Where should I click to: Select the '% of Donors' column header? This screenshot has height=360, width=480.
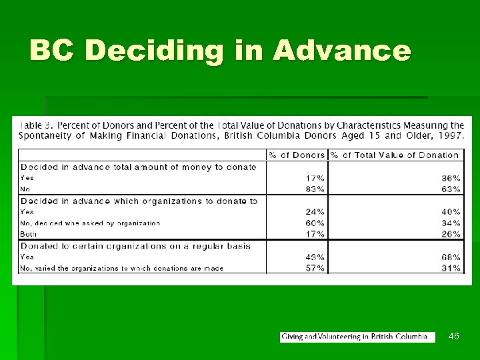coord(297,155)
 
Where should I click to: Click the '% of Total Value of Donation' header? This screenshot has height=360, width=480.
coord(395,155)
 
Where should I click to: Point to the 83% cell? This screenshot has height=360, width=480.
coord(315,189)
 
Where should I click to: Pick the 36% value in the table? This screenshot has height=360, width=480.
coord(451,178)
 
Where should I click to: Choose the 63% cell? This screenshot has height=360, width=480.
coord(451,189)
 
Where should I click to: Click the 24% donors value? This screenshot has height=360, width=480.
coord(315,212)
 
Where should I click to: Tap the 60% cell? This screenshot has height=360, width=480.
coord(315,223)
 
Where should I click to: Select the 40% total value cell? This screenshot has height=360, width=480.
coord(451,212)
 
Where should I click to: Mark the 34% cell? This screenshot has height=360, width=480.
coord(451,223)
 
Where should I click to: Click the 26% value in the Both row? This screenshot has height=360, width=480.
coord(451,234)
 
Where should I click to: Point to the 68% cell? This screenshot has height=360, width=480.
coord(451,257)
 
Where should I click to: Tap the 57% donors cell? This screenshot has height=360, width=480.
coord(315,268)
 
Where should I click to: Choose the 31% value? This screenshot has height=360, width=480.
coord(451,268)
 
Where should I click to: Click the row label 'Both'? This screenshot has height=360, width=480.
coord(29,234)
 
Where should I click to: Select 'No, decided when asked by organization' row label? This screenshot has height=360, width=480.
coord(90,223)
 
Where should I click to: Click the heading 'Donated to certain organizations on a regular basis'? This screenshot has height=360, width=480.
coord(136,245)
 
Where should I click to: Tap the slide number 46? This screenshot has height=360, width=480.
coord(454,337)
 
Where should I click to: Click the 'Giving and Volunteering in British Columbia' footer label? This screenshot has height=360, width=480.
coord(354,337)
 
